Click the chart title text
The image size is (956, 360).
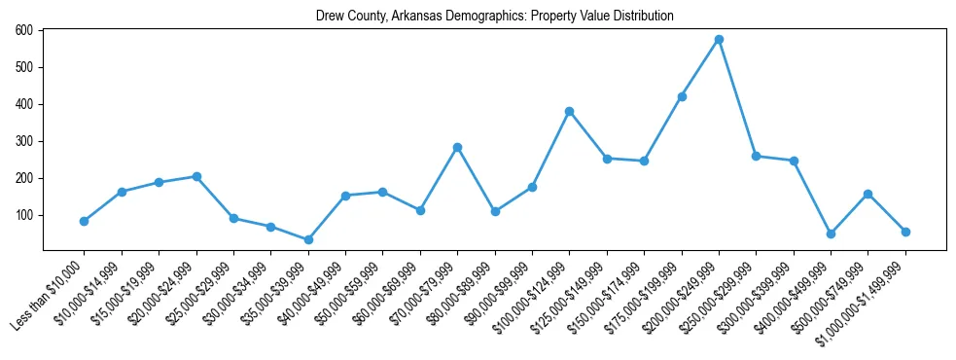[x=494, y=17]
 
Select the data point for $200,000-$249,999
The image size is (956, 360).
[x=719, y=40]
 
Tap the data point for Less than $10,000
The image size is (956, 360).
[x=85, y=221]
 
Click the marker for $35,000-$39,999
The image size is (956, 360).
[x=308, y=239]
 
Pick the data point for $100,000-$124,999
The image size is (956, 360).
[x=569, y=111]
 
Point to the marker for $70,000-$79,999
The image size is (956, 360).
[x=457, y=147]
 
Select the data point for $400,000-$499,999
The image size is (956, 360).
[x=831, y=234]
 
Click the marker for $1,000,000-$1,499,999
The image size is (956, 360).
[x=905, y=232]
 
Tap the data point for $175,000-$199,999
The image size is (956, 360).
[x=682, y=96]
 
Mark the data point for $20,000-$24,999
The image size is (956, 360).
[x=196, y=176]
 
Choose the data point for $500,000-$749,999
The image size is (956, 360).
[x=867, y=194]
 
